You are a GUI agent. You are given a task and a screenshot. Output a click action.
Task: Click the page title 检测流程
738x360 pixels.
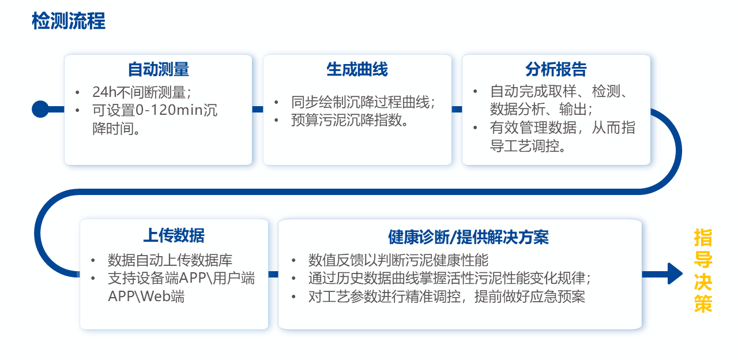click(69, 21)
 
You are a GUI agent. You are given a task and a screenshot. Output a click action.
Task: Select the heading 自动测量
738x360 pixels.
click(158, 69)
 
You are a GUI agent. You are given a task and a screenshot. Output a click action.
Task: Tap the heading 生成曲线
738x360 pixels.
click(357, 69)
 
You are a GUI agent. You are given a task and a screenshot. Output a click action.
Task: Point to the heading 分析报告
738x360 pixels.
click(556, 69)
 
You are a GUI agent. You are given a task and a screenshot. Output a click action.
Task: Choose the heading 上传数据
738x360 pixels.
click(174, 235)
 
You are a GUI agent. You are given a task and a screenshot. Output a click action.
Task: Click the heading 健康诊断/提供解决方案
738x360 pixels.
click(468, 237)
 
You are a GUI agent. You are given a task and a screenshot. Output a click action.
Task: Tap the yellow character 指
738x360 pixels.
click(703, 238)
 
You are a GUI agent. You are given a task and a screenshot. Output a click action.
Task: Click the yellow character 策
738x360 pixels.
click(703, 303)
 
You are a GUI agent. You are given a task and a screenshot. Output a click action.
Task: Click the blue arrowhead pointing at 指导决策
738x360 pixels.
click(675, 273)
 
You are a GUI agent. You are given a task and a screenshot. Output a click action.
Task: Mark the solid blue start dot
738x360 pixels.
click(40, 109)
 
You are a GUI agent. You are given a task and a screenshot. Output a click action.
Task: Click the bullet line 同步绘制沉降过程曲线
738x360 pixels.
click(360, 102)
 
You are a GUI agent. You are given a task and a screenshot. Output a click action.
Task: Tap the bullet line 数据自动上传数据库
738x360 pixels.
click(170, 260)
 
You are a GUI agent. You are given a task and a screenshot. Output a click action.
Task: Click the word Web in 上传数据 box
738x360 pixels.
click(158, 297)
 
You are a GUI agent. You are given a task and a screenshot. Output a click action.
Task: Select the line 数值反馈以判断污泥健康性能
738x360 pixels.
click(398, 260)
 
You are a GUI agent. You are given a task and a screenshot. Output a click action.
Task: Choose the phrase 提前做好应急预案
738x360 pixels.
click(530, 297)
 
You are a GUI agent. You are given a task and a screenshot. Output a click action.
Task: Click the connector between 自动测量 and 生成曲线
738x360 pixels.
click(258, 109)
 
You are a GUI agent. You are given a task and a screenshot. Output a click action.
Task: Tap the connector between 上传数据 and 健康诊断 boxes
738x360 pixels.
click(273, 274)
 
